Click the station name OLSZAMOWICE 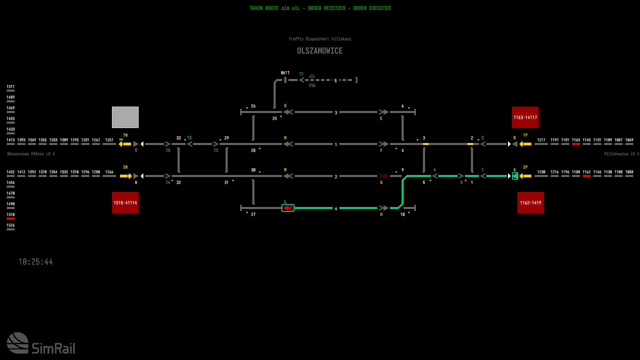click(x=319, y=51)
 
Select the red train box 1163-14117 click(x=525, y=117)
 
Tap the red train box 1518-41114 click(x=125, y=202)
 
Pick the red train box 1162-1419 click(x=530, y=202)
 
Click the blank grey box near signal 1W click(x=125, y=117)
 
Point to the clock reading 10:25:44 click(x=35, y=262)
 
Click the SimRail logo click(x=41, y=343)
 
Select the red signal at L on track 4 click(x=288, y=208)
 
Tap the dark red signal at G click(x=383, y=176)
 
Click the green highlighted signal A click(x=515, y=176)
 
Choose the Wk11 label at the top click(x=285, y=73)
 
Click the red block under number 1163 click(x=576, y=144)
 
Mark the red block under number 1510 click(x=10, y=218)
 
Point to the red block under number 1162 click(x=586, y=176)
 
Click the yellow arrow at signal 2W click(x=125, y=176)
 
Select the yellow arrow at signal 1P click(x=525, y=144)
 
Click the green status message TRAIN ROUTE click(x=320, y=8)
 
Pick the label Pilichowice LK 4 click(x=621, y=154)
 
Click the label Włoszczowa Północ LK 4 click(x=31, y=154)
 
